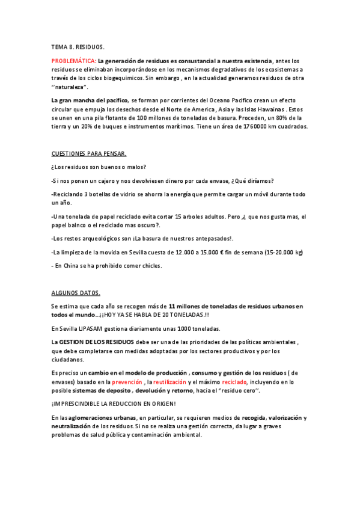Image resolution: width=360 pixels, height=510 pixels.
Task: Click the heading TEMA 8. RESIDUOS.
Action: coord(78,46)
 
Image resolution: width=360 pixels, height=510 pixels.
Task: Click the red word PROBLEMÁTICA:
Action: coord(73,61)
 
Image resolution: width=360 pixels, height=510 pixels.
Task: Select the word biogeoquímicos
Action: coord(122,78)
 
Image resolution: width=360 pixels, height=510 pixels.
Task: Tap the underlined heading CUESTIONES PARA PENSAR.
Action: coord(88,153)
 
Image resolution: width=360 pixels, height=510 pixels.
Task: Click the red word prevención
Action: coord(127,382)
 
